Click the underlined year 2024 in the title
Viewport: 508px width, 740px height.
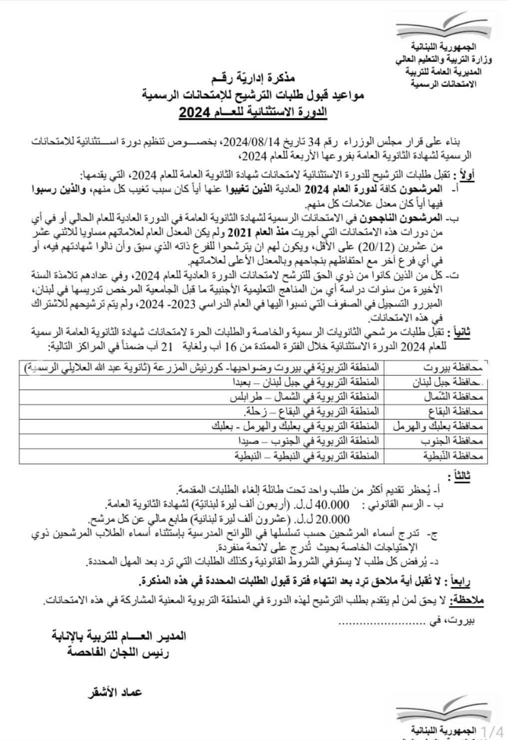[x=190, y=112]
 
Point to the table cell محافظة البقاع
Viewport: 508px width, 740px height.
[x=455, y=412]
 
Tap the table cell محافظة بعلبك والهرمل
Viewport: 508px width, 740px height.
[x=438, y=426]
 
